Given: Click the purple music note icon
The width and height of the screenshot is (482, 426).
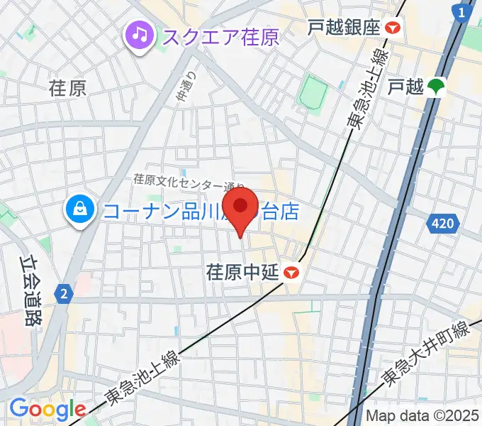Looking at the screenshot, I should click(139, 33).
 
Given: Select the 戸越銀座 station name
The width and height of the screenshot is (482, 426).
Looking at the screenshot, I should click(344, 28).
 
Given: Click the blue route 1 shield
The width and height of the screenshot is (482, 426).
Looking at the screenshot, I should click(463, 13).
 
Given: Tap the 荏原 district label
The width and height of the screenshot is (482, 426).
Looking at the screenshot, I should click(67, 88).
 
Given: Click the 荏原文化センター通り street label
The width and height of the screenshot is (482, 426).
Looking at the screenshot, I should click(189, 184).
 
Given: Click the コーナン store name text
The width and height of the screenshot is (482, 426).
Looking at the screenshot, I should click(201, 211).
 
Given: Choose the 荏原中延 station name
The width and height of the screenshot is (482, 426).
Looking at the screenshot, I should click(242, 272).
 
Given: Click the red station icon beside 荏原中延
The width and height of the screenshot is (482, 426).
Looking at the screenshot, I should click(290, 272).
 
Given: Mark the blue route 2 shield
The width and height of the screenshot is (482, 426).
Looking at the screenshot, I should click(65, 293).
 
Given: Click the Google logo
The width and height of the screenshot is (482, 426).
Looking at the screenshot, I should click(47, 410).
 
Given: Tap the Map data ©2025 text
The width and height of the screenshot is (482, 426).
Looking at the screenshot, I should click(422, 417).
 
